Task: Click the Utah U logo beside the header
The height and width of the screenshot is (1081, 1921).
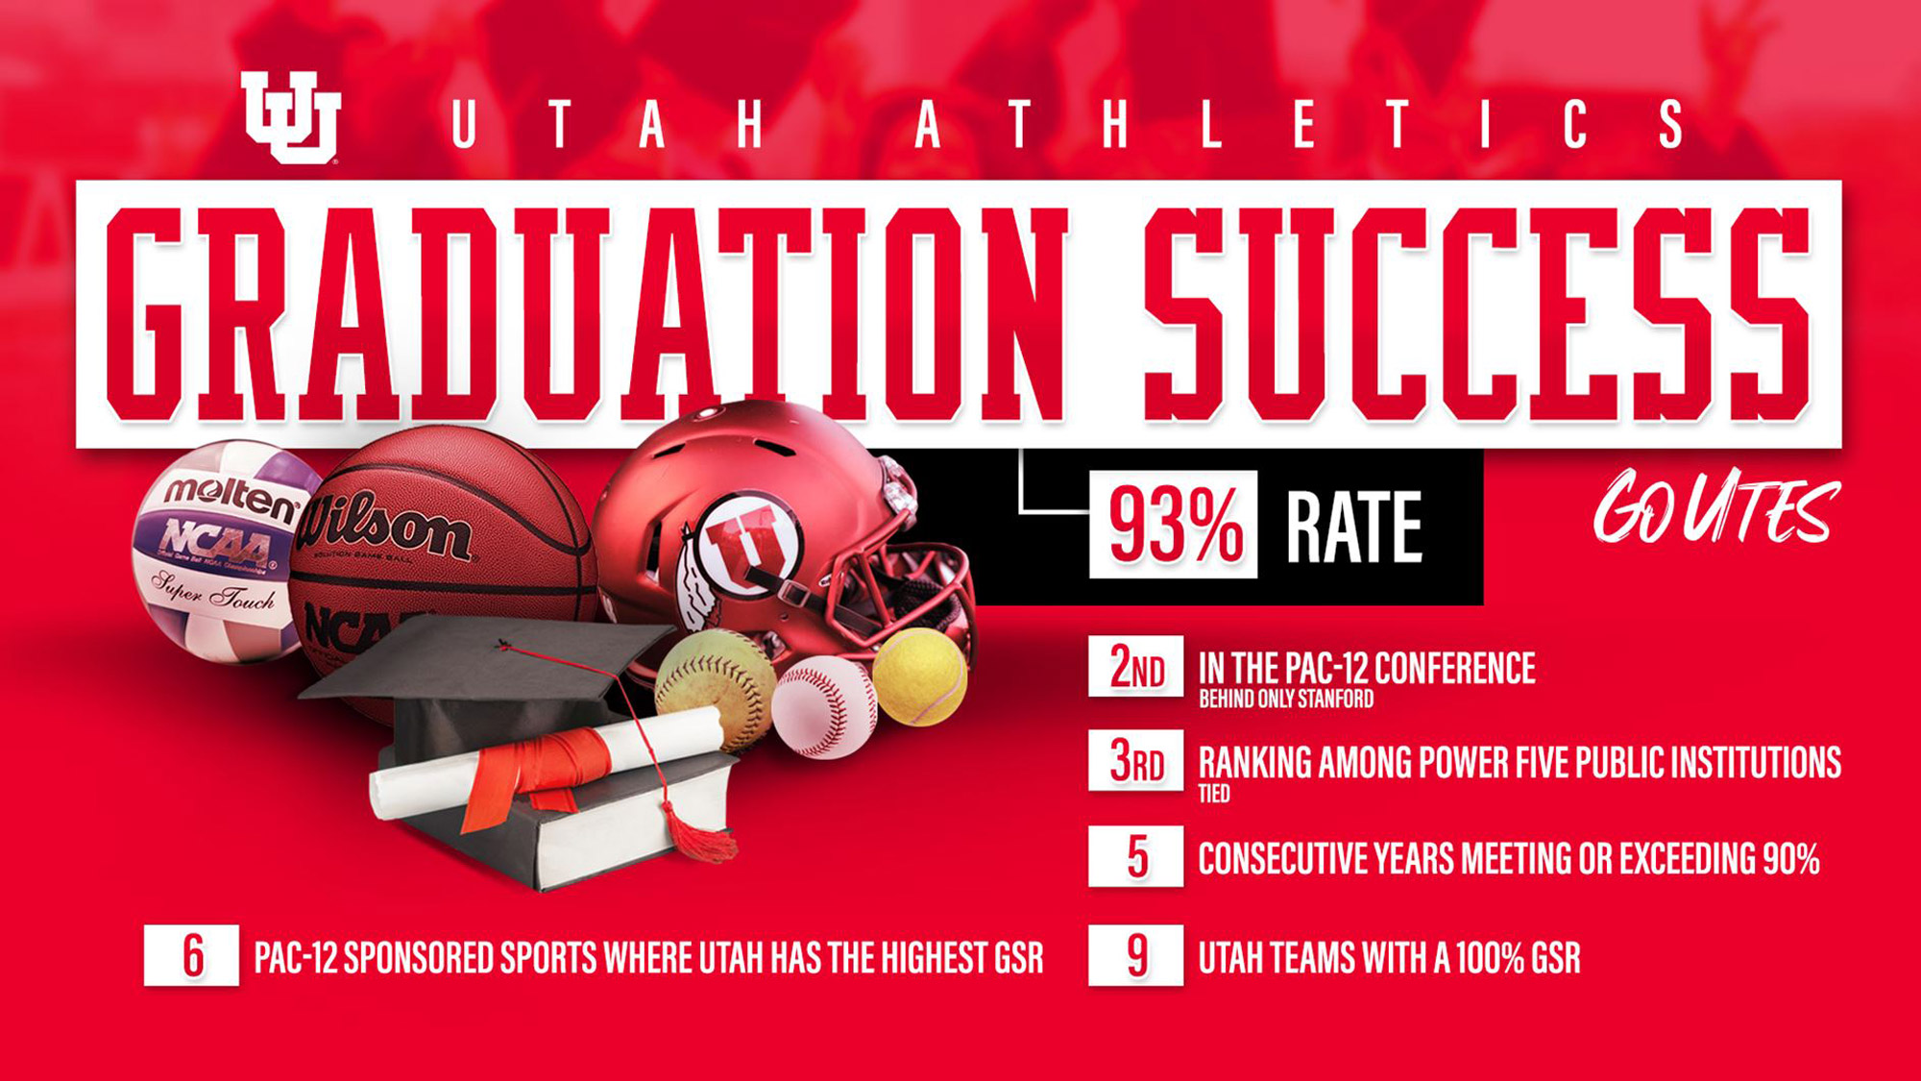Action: [x=290, y=117]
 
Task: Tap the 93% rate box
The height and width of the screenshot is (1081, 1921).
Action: [x=1173, y=525]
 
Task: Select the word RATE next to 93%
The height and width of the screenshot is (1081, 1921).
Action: [x=1354, y=527]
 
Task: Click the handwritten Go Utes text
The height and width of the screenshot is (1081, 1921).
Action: [x=1716, y=507]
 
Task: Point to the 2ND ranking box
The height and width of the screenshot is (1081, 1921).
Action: [x=1135, y=666]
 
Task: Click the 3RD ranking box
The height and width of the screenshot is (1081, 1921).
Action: [x=1135, y=760]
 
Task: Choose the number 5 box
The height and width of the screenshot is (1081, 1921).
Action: [x=1135, y=856]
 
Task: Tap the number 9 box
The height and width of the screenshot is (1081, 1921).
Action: [x=1135, y=955]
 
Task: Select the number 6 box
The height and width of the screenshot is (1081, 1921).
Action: [x=191, y=955]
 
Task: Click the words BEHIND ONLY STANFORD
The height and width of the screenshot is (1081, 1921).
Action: [x=1286, y=700]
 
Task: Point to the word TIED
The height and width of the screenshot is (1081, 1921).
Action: [x=1214, y=794]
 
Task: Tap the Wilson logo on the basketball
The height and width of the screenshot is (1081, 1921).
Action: [x=384, y=527]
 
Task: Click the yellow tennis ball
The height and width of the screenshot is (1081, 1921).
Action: [x=919, y=676]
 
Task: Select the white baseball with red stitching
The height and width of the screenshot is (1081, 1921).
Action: [x=824, y=707]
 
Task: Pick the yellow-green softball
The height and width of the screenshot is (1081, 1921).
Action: [x=715, y=688]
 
